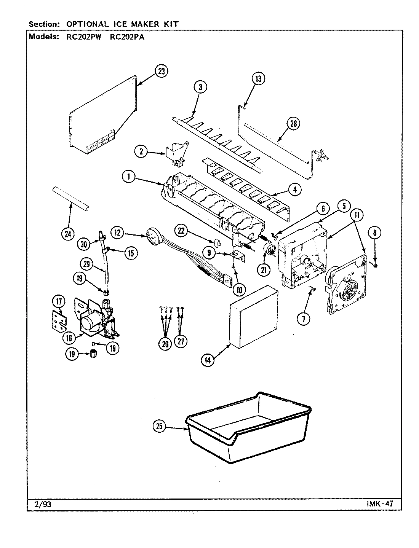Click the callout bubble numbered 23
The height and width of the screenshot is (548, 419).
(x=162, y=72)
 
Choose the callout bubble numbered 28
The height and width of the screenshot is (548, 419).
(x=294, y=123)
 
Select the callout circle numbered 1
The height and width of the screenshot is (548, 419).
(x=129, y=177)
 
